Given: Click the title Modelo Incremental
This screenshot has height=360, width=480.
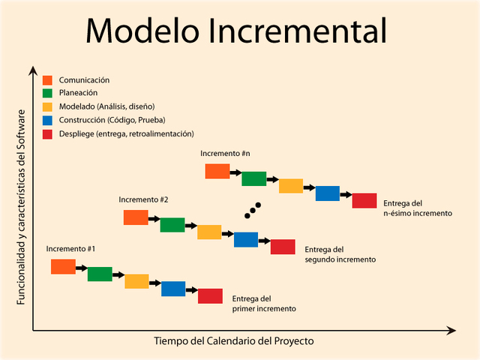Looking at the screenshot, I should point(236,31).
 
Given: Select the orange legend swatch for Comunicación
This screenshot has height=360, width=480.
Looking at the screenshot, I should point(47,80).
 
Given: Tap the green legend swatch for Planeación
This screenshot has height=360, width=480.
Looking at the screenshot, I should point(47,93).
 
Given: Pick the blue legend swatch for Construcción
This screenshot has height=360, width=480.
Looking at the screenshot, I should point(47,120).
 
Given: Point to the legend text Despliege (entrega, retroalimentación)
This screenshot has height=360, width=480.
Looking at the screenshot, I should point(126,133).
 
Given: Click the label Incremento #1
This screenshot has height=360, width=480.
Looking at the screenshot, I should point(70,248).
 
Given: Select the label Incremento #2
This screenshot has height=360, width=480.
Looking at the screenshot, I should point(143,199).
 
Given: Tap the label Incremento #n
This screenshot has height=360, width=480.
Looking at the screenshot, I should point(225,153).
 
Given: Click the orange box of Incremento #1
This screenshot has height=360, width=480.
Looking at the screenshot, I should point(63,266).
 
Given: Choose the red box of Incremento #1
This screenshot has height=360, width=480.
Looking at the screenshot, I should point(210,295).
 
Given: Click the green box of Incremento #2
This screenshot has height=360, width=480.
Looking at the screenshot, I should point(172,225).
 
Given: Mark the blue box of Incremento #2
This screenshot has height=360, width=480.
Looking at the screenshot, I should point(246,239).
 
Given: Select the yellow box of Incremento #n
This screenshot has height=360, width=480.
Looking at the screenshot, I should point(290,186).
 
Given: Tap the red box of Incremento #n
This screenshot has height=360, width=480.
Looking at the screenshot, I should point(364,200).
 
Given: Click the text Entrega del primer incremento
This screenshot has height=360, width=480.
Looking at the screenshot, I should point(264,303).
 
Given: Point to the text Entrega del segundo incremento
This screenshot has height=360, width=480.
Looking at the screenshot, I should point(340,254).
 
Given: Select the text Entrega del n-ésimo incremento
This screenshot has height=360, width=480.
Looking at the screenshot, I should point(418,208).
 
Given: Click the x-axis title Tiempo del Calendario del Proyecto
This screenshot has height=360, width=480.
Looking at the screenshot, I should point(234,340).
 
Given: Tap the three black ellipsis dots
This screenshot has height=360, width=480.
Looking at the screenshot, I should point(253,210).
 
